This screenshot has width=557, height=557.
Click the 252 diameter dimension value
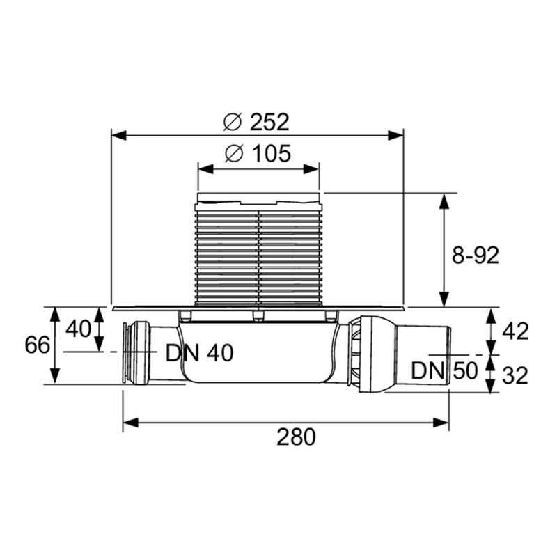tap(269, 123)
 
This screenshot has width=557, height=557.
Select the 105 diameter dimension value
tap(272, 154)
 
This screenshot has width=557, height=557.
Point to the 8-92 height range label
tap(476, 255)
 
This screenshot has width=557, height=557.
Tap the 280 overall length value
tap(296, 437)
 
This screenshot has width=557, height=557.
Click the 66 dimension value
tap(37, 345)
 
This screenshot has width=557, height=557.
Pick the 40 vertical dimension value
tap(78, 329)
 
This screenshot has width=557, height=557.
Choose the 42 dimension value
tap(515, 331)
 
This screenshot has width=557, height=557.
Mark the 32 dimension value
tap(515, 375)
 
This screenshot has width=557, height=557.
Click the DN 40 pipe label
tap(200, 353)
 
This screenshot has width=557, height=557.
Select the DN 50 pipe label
tap(444, 371)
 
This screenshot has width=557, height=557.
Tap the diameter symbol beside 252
tap(233, 123)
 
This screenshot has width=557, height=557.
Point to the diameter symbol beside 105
tap(235, 154)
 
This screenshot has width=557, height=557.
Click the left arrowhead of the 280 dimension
tap(130, 423)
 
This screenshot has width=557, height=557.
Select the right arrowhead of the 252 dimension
tap(396, 135)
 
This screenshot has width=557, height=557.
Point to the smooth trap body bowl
tap(258, 352)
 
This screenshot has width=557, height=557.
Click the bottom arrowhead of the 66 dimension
tap(54, 377)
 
